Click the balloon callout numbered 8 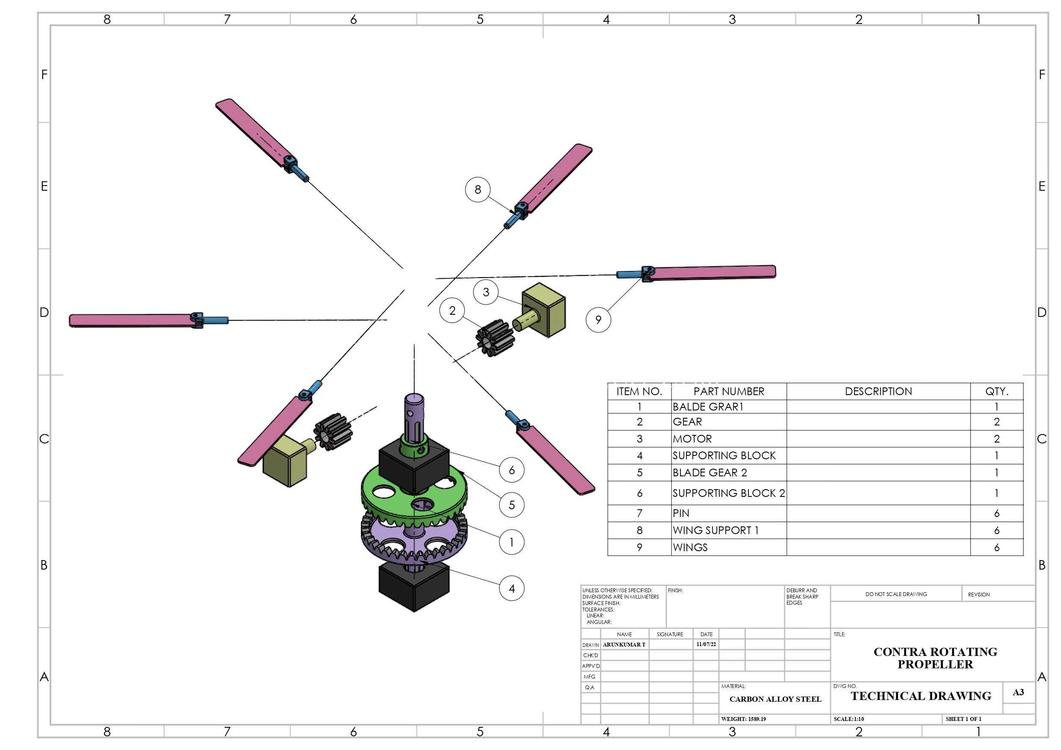coord(477,189)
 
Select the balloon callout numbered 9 coord(598,320)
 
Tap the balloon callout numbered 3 coord(486,292)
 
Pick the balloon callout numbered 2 coord(452,310)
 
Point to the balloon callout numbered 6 coord(511,470)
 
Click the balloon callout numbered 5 coord(511,505)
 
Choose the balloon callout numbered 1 coord(511,542)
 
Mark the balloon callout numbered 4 coord(511,588)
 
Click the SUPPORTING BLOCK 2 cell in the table coord(729,493)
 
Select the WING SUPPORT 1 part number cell coord(729,531)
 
